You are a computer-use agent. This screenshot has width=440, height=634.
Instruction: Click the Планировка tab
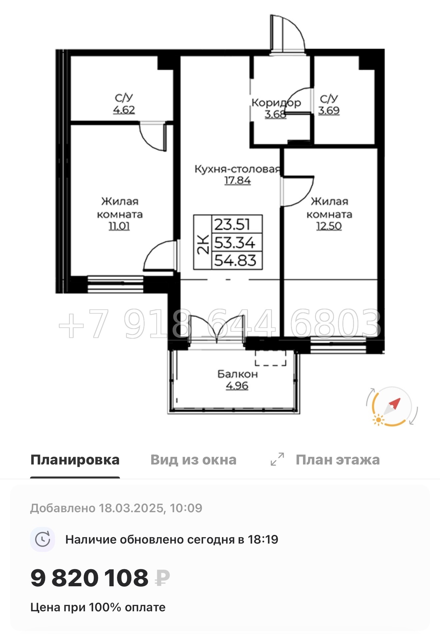pos(75,460)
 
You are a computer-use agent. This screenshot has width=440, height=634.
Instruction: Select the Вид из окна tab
pos(193,460)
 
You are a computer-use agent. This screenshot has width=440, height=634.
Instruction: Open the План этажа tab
pos(337,460)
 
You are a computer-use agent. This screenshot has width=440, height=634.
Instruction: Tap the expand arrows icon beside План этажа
pos(277,459)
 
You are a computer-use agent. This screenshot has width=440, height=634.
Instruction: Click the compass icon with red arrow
pos(392,406)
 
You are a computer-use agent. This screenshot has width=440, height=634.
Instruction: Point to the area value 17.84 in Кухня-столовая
pos(237,181)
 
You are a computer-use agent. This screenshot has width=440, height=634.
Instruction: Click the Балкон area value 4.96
pos(237,386)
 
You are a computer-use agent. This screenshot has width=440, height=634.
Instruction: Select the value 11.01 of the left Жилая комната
pos(119,226)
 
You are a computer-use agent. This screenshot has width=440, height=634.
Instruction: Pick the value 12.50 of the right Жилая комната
pos(329,226)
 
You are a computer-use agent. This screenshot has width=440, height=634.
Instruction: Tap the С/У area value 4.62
pos(124,110)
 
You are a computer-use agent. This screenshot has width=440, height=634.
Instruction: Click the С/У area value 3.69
pos(329,110)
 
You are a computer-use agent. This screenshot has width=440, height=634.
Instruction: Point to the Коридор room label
pos(276,103)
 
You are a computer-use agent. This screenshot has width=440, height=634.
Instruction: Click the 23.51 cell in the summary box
pos(232,224)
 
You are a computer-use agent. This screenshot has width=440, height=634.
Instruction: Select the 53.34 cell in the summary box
pos(235,243)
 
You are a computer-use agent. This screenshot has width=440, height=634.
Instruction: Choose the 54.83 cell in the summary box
pos(235,261)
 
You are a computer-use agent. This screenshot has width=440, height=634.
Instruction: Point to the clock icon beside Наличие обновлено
pos(43,539)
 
